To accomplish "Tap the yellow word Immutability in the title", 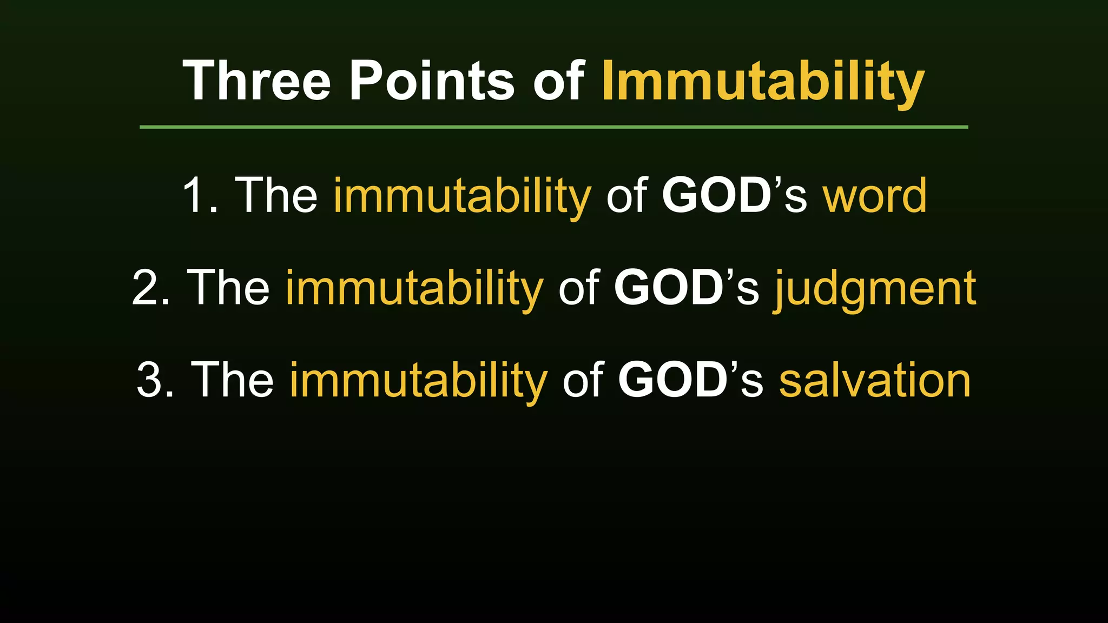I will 763,81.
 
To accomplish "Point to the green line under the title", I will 553,127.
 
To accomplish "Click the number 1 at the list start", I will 195,195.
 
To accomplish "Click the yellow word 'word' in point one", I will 875,195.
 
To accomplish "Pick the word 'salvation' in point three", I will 875,380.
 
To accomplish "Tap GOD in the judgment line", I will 668,288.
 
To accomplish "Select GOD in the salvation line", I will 672,380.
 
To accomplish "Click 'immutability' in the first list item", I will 462,196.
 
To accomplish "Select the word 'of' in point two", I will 578,288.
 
